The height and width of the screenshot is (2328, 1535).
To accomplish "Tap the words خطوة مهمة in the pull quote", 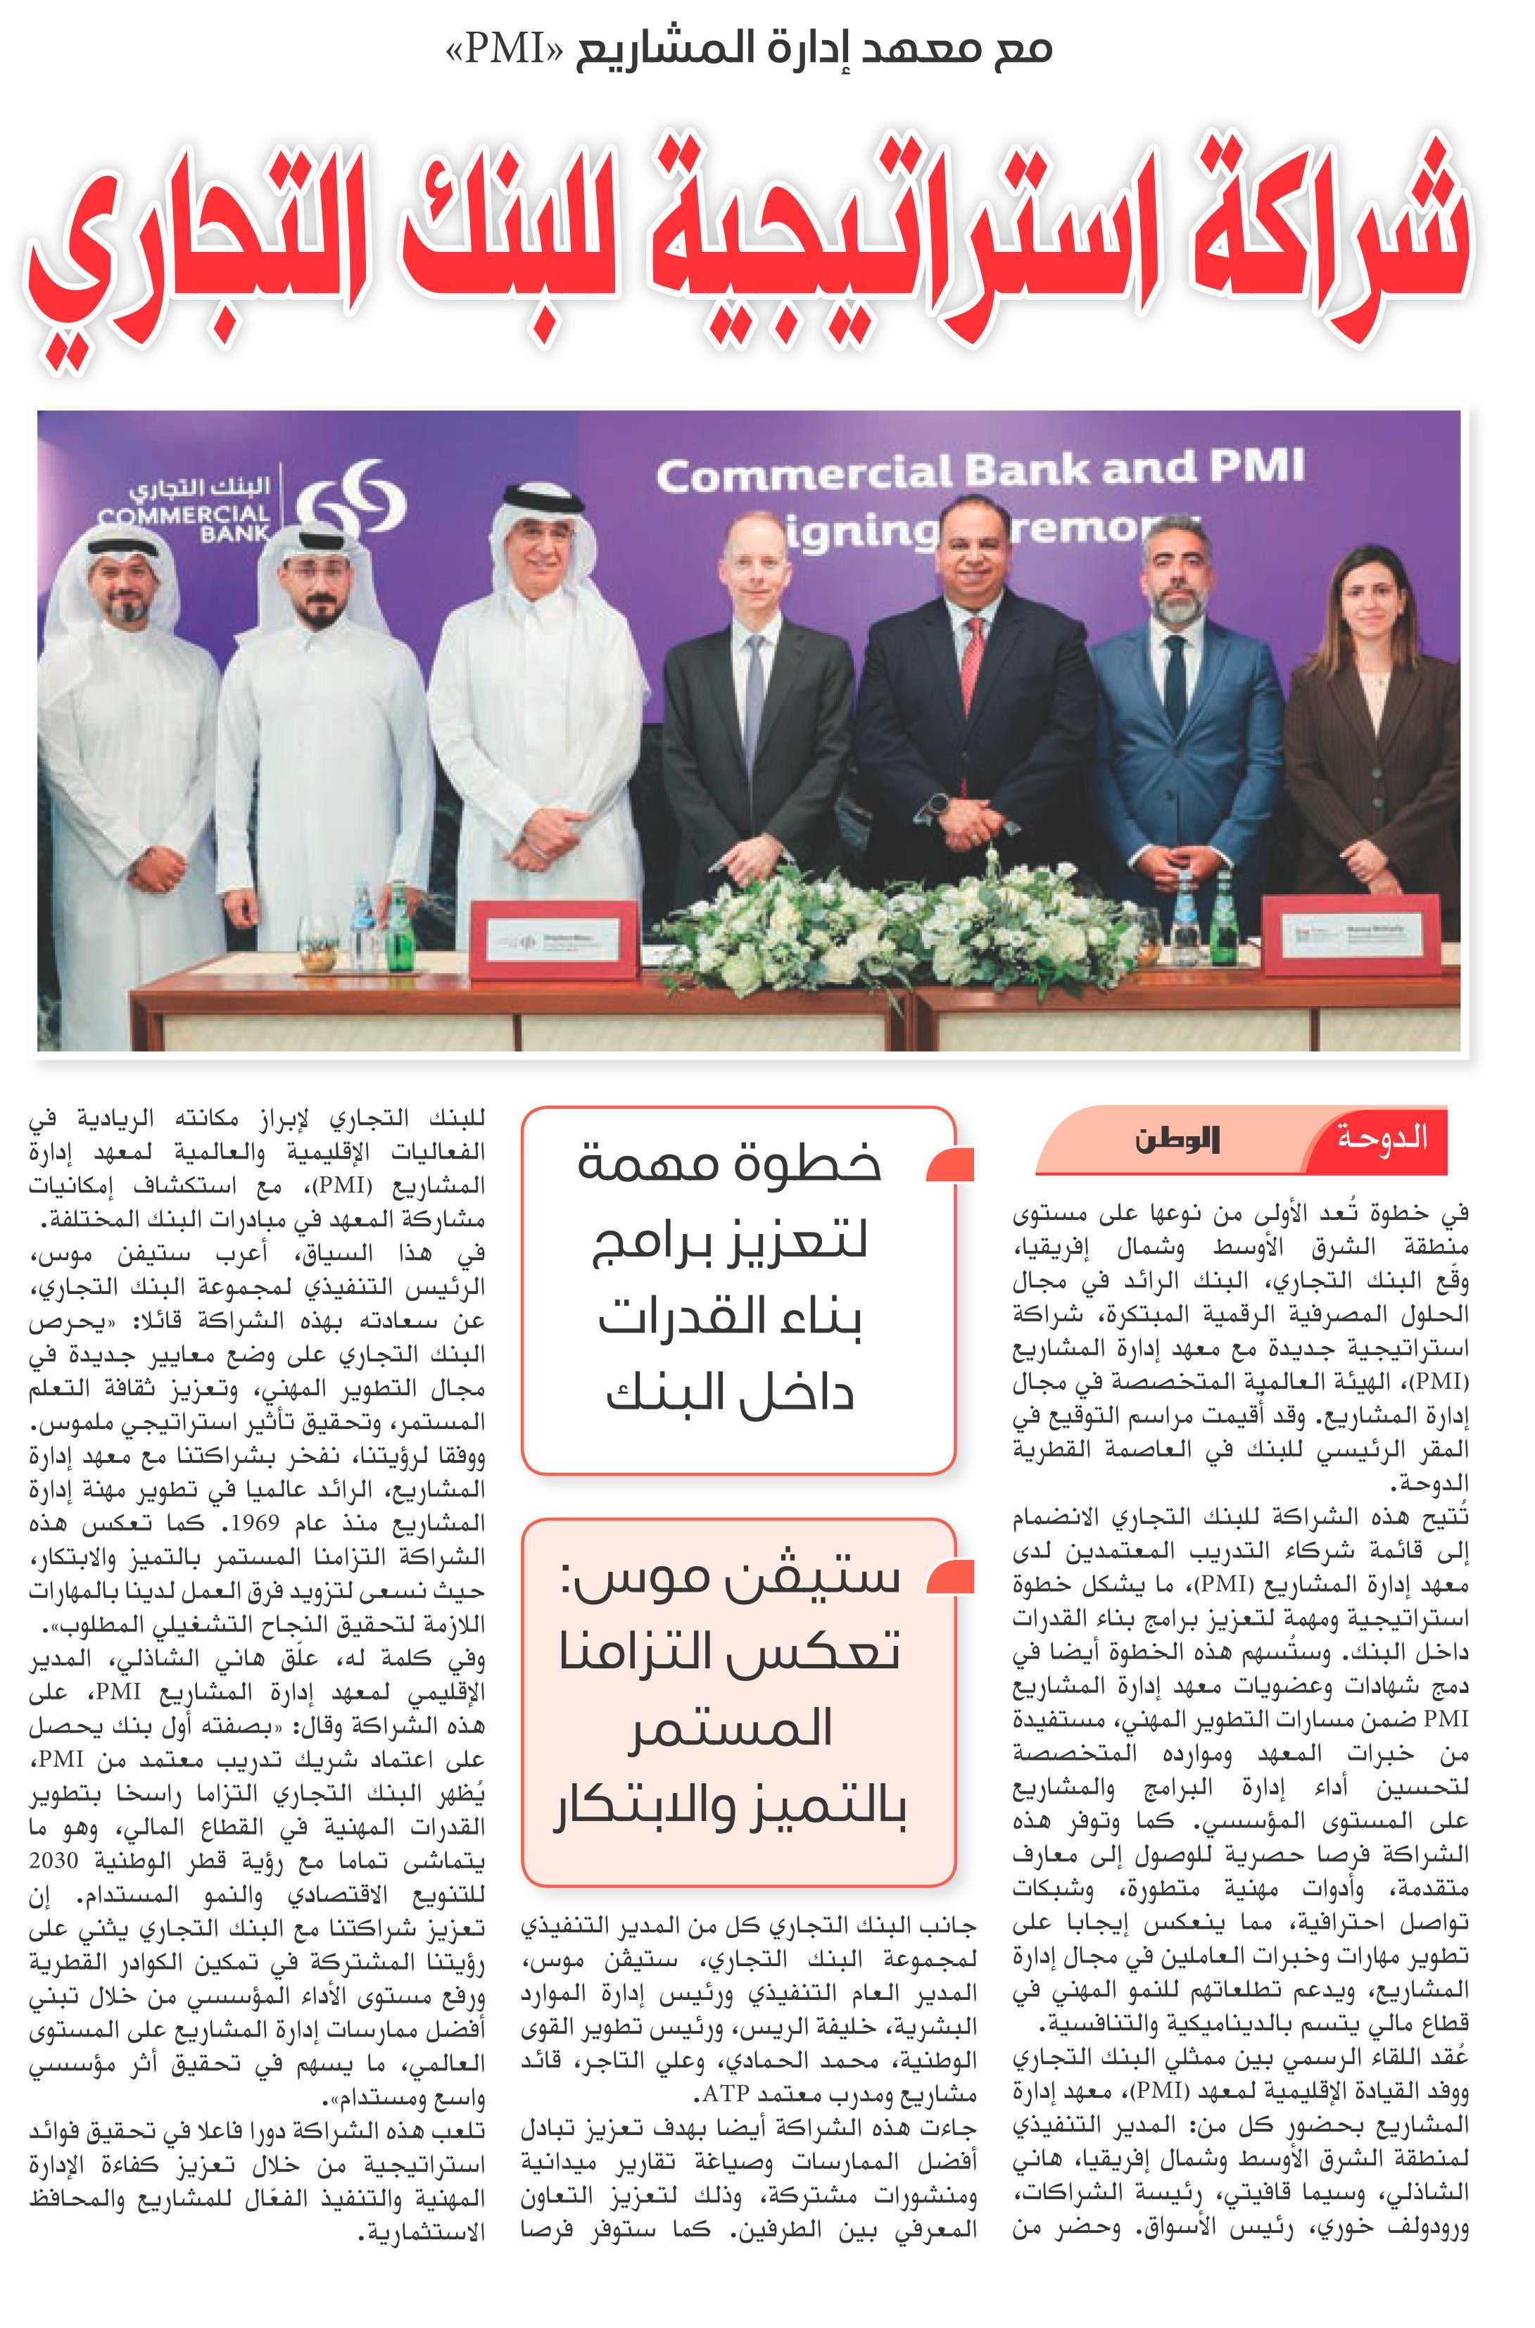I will pyautogui.click(x=729, y=1166).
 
